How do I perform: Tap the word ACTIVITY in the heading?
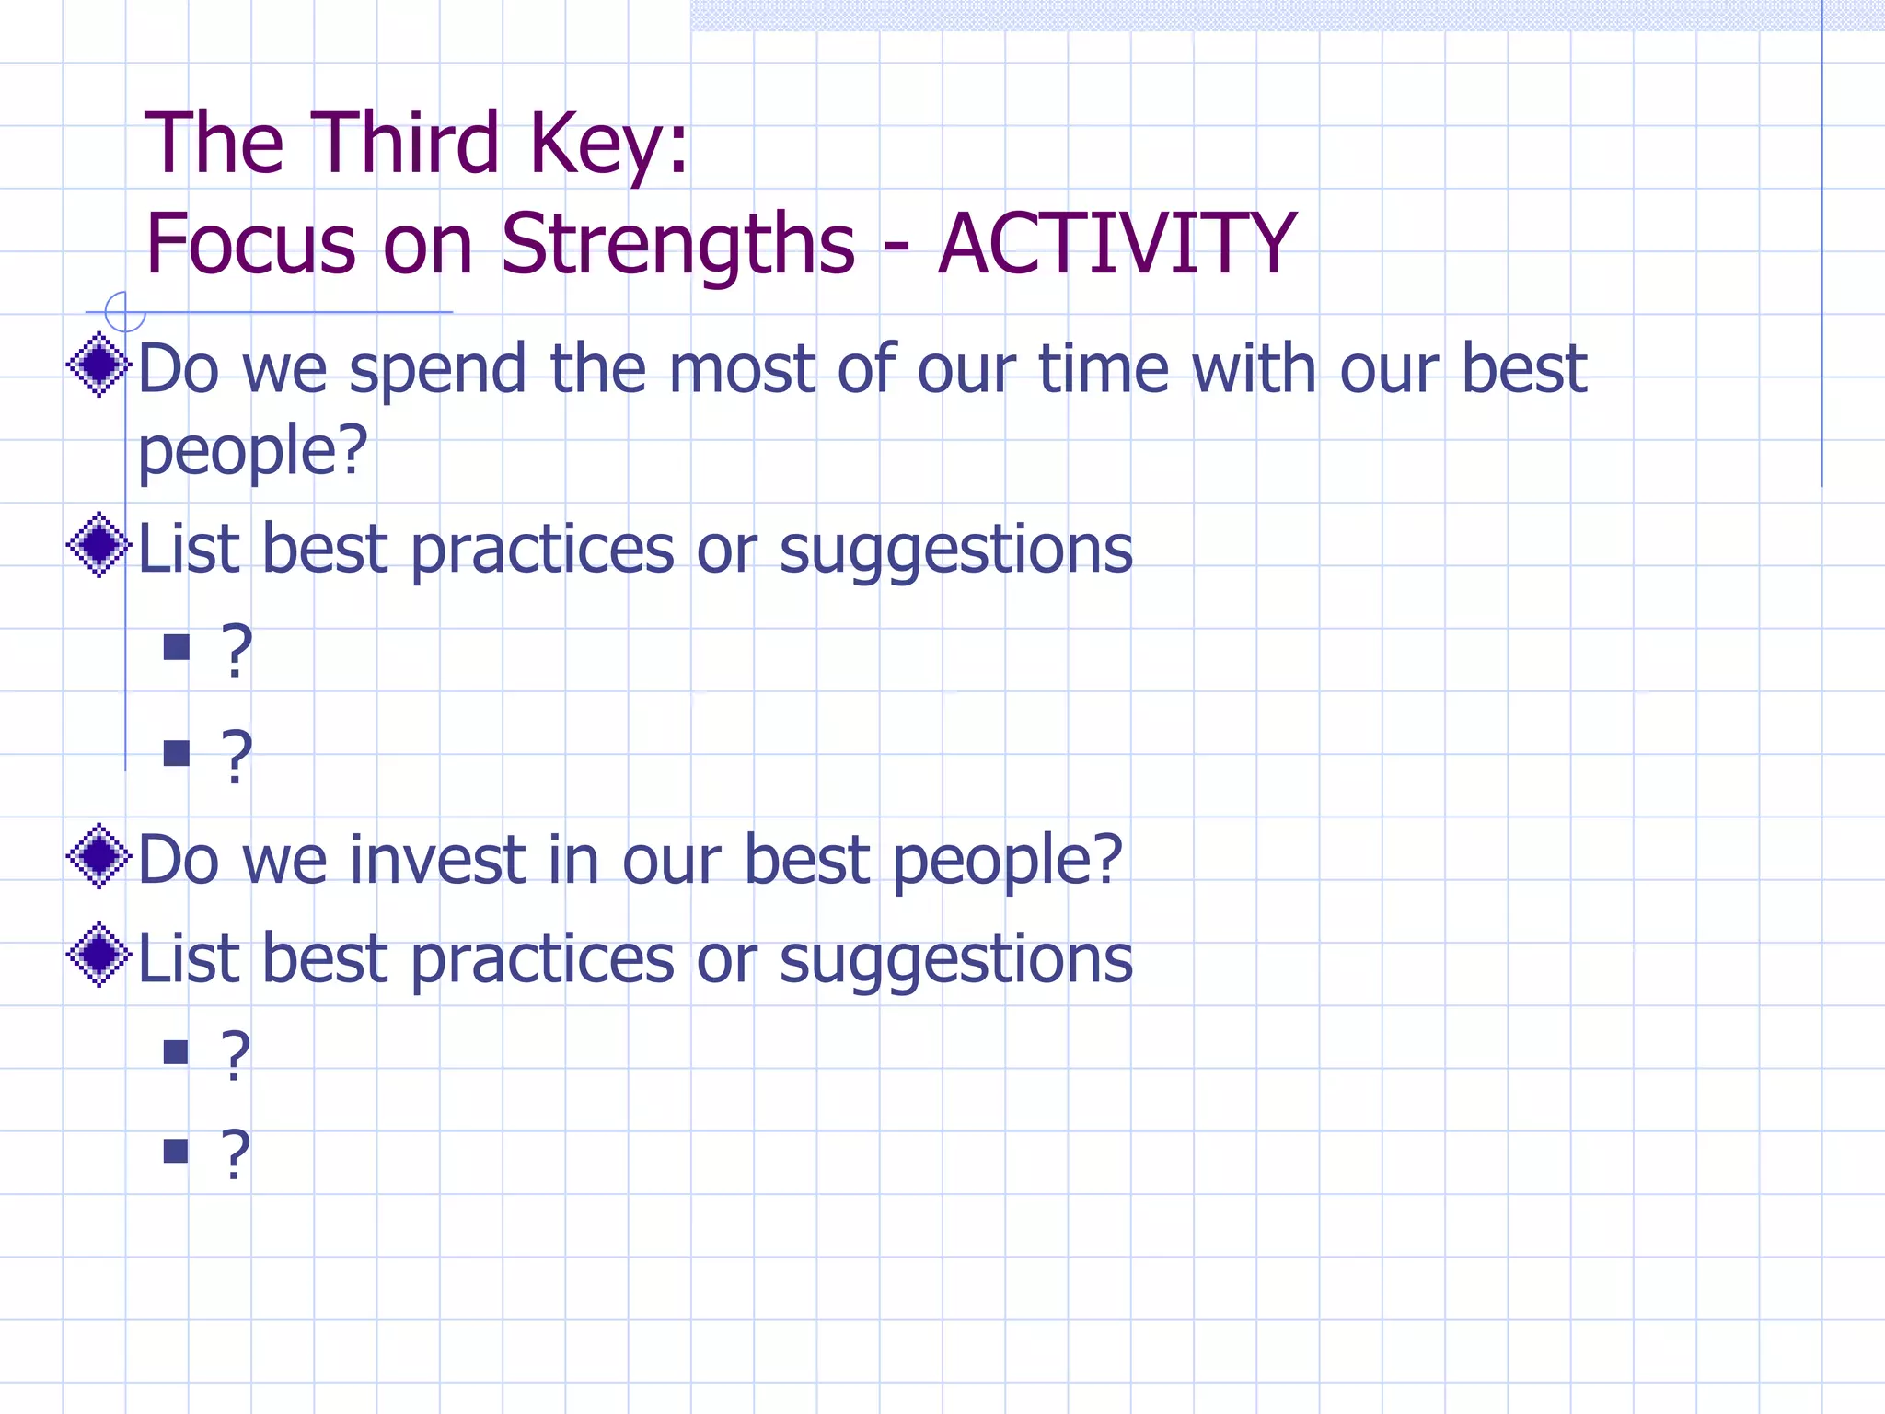tap(1116, 244)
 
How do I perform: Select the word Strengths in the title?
tap(677, 246)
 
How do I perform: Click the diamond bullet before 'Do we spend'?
tap(98, 365)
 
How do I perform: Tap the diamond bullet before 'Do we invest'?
tap(98, 856)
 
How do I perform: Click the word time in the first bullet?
tap(1104, 368)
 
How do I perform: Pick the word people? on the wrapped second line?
tap(252, 452)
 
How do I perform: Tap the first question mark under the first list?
tap(237, 651)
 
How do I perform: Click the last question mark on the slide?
tap(236, 1154)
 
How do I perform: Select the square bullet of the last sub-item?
tap(176, 1151)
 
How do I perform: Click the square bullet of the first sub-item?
tap(176, 647)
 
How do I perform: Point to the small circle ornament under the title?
tap(124, 312)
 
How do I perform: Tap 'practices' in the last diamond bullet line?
tap(542, 960)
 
